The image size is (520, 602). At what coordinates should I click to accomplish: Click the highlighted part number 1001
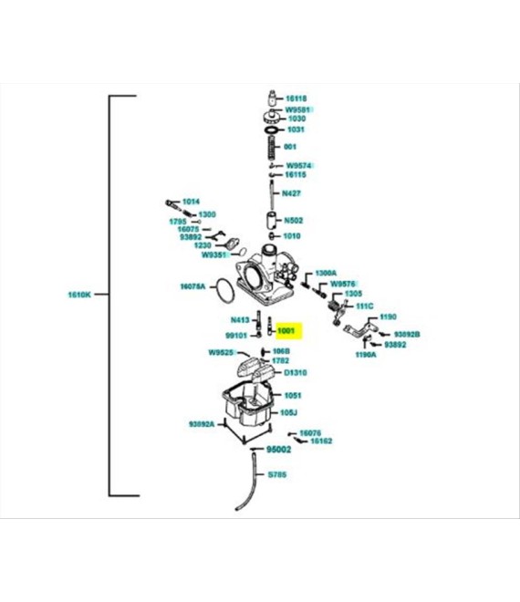(x=286, y=330)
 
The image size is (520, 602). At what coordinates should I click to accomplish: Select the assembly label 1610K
(x=79, y=295)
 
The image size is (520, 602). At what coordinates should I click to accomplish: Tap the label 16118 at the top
(x=296, y=98)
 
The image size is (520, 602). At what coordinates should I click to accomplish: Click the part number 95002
(x=278, y=450)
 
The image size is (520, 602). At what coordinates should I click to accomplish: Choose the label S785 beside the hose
(x=276, y=475)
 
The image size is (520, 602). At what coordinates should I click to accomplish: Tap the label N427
(x=292, y=193)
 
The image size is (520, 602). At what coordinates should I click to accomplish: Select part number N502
(x=293, y=220)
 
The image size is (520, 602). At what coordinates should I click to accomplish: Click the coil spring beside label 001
(x=270, y=145)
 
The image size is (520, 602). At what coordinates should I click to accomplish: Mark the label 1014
(x=191, y=201)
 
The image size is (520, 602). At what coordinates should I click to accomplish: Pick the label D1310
(x=295, y=373)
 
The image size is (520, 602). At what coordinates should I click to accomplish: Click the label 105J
(x=289, y=412)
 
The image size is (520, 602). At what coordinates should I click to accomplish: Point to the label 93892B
(x=406, y=334)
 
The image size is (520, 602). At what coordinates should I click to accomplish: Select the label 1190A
(x=366, y=354)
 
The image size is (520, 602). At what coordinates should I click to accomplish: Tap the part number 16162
(x=321, y=441)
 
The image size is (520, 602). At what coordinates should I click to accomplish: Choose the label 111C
(x=365, y=306)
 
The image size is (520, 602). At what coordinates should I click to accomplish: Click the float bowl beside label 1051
(x=248, y=406)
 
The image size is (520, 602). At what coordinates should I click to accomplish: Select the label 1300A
(x=326, y=273)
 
